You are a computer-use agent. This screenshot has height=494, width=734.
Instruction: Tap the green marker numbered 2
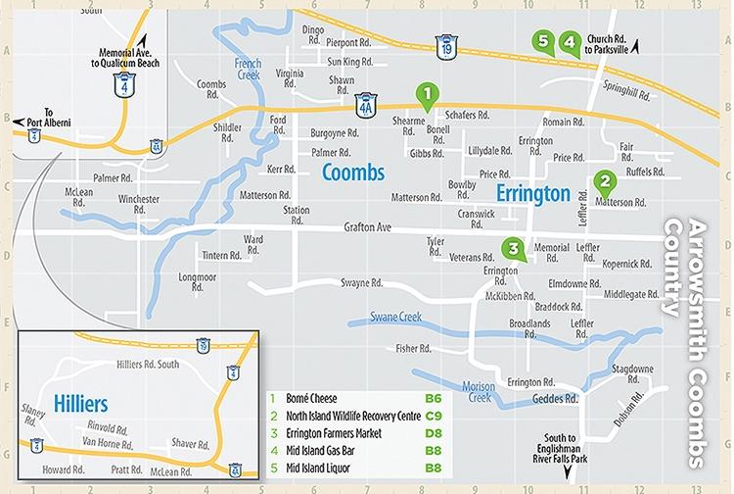pyautogui.click(x=605, y=181)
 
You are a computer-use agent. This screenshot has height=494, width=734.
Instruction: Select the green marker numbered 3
pyautogui.click(x=511, y=248)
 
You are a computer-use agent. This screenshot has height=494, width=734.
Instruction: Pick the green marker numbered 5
pyautogui.click(x=545, y=41)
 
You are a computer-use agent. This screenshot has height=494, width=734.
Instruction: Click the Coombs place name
pyautogui.click(x=353, y=173)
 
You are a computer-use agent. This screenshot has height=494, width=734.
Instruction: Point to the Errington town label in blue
pyautogui.click(x=532, y=192)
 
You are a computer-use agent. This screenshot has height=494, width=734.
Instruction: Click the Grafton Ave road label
pyautogui.click(x=368, y=228)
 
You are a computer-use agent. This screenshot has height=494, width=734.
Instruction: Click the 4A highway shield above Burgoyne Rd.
pyautogui.click(x=365, y=102)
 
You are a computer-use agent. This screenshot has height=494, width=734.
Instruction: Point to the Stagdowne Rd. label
pyautogui.click(x=632, y=372)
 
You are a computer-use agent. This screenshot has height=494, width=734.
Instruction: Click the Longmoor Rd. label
pyautogui.click(x=199, y=282)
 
